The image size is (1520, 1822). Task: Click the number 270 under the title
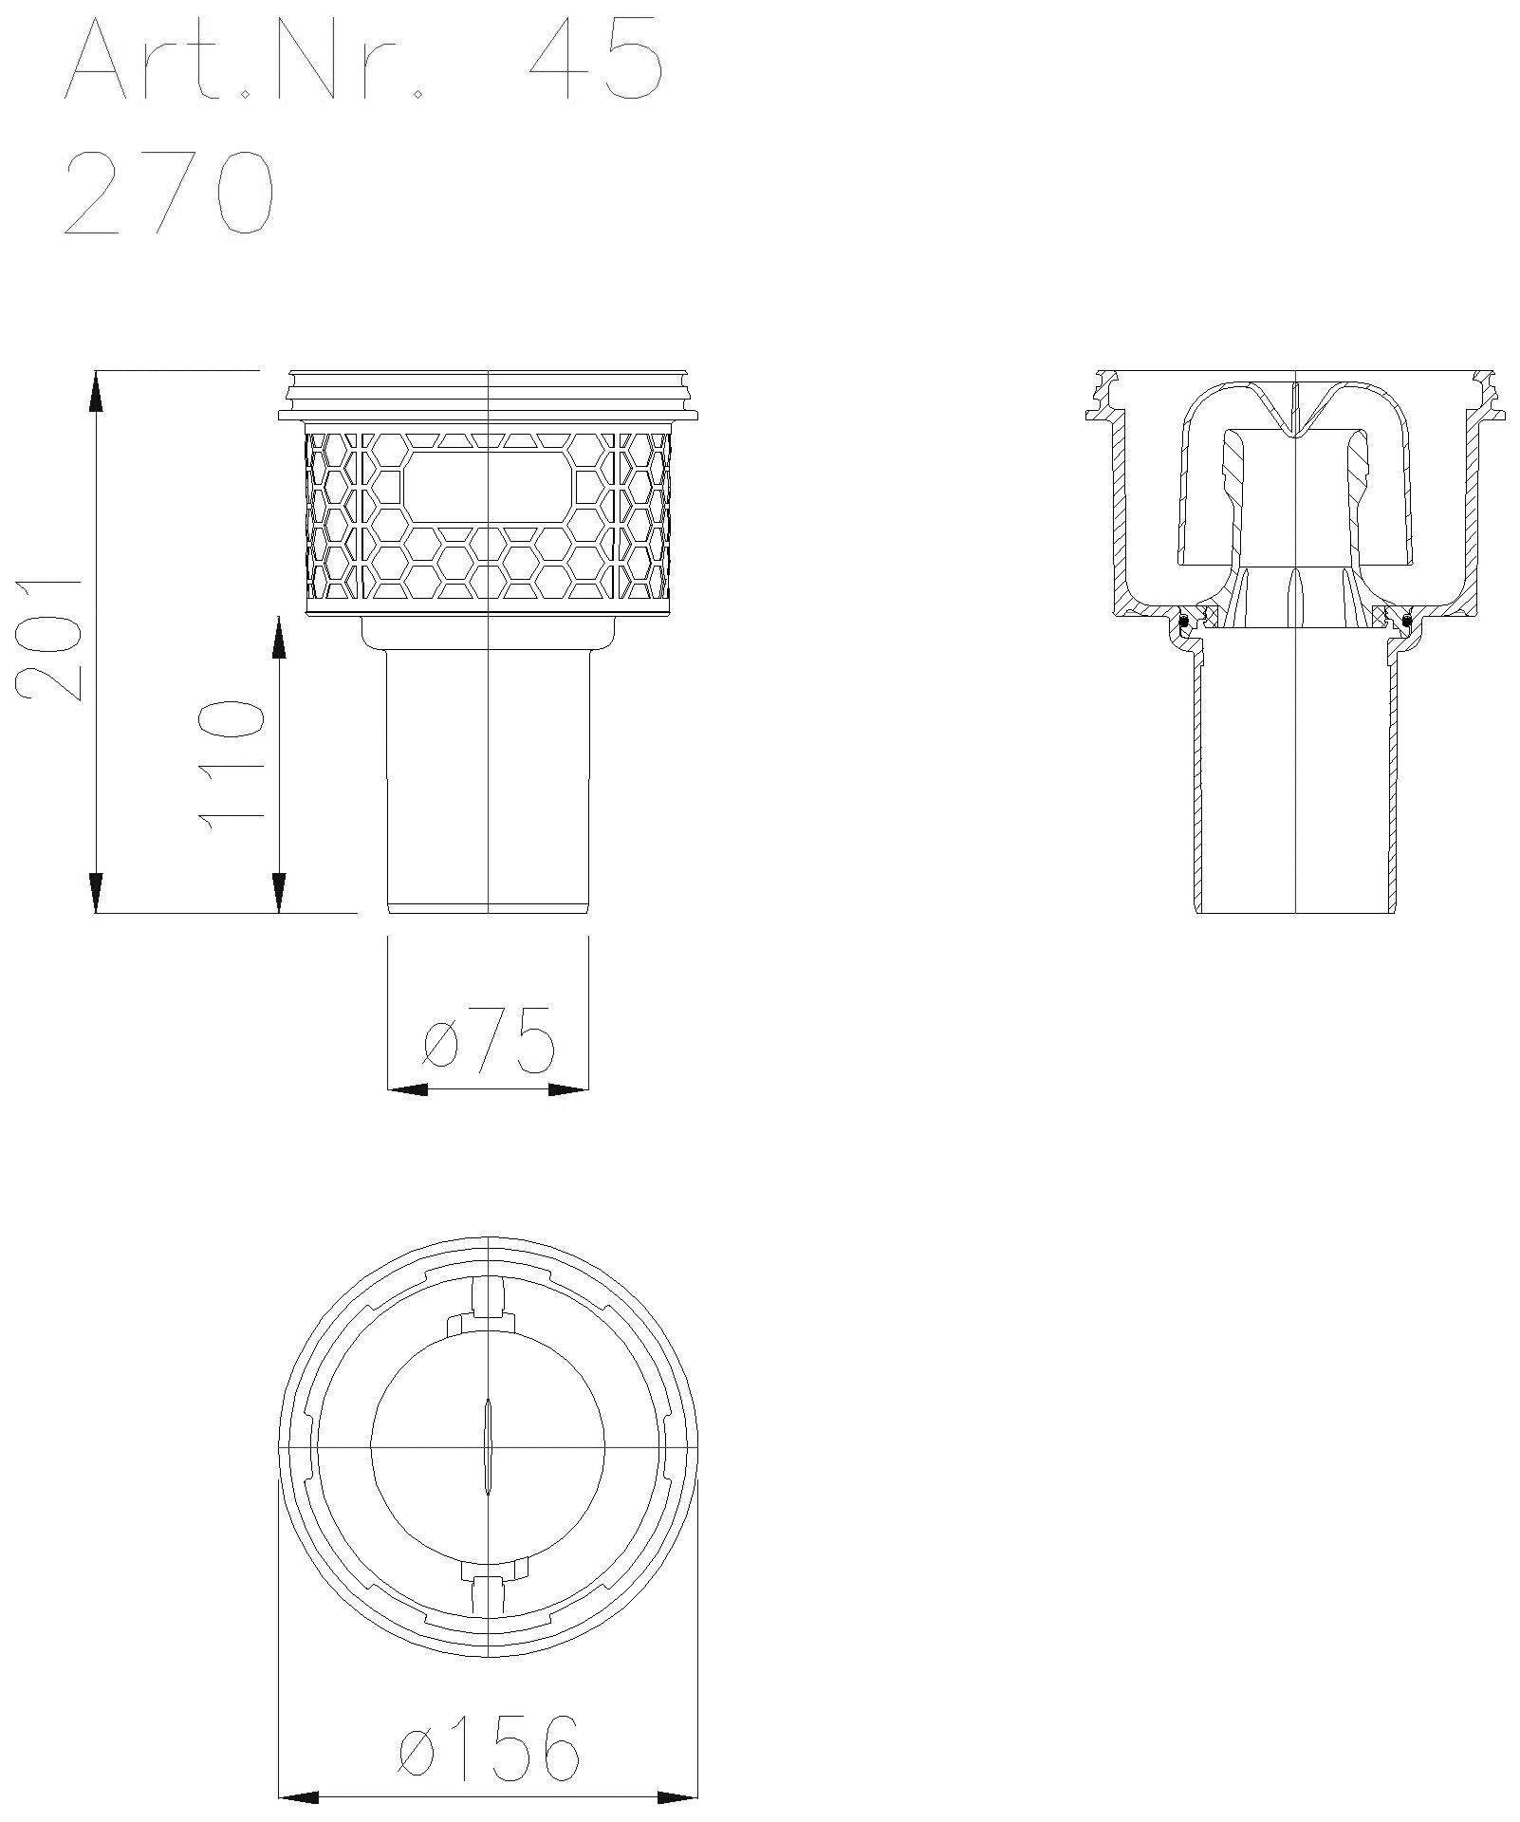(169, 193)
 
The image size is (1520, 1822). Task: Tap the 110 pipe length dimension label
(228, 765)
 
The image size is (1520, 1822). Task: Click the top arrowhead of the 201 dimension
(96, 390)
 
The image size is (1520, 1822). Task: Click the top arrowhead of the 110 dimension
(279, 637)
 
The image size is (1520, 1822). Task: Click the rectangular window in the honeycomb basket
(490, 488)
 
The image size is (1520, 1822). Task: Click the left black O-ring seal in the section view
(1183, 622)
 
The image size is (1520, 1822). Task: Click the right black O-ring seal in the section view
(1407, 622)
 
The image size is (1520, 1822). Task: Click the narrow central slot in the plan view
(488, 1448)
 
